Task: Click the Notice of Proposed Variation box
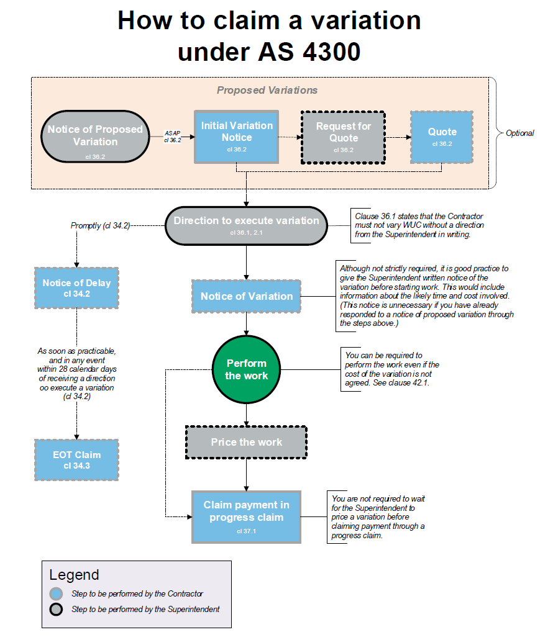(x=95, y=137)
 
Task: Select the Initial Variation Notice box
(x=237, y=137)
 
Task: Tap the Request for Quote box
(x=344, y=137)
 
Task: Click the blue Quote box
(x=442, y=136)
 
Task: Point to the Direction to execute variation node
(x=246, y=225)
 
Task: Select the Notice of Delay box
(x=76, y=287)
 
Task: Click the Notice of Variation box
(x=247, y=296)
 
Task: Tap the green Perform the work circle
(x=247, y=369)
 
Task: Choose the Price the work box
(x=246, y=442)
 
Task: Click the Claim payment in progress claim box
(x=246, y=516)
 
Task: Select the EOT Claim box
(x=76, y=459)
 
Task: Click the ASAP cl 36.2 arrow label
(x=173, y=137)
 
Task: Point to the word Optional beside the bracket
(x=519, y=133)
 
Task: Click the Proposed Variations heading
(x=267, y=90)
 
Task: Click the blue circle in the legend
(x=57, y=593)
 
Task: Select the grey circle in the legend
(x=57, y=609)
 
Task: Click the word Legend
(x=74, y=575)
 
